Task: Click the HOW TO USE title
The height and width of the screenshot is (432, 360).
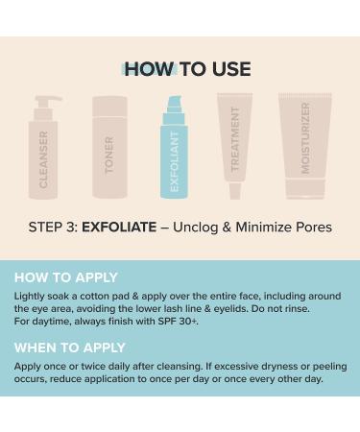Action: coord(188,69)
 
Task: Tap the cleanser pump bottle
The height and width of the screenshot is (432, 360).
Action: coord(44,154)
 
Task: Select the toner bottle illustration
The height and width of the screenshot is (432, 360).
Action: coord(109,149)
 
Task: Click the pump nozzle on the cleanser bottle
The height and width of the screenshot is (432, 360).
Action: coord(48,99)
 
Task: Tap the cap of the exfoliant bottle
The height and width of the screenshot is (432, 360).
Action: coord(174,105)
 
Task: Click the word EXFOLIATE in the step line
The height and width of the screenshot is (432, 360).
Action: coord(118,228)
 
